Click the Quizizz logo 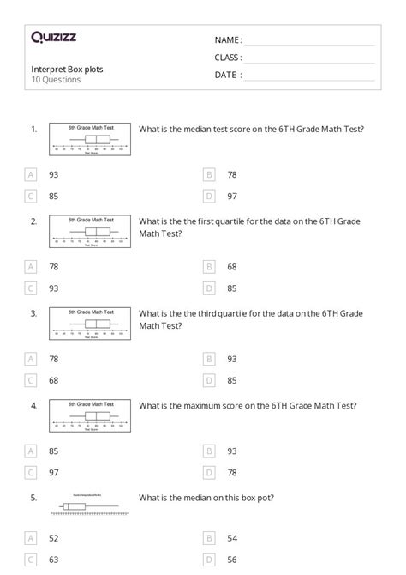tap(53, 38)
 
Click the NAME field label tap(228, 40)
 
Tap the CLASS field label tap(228, 57)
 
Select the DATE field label tap(228, 75)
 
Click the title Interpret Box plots tap(68, 69)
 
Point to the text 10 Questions tap(56, 80)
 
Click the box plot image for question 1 tap(90, 138)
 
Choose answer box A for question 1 tap(31, 174)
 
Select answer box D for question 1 tap(209, 196)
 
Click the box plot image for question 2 tap(90, 230)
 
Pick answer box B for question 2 tap(209, 266)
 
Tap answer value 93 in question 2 tap(54, 288)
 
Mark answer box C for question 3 tap(31, 380)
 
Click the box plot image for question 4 tap(90, 415)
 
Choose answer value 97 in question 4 tap(54, 472)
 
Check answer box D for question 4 tap(209, 472)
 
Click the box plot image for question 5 tap(90, 506)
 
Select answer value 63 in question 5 tap(54, 560)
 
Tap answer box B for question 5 tap(209, 537)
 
